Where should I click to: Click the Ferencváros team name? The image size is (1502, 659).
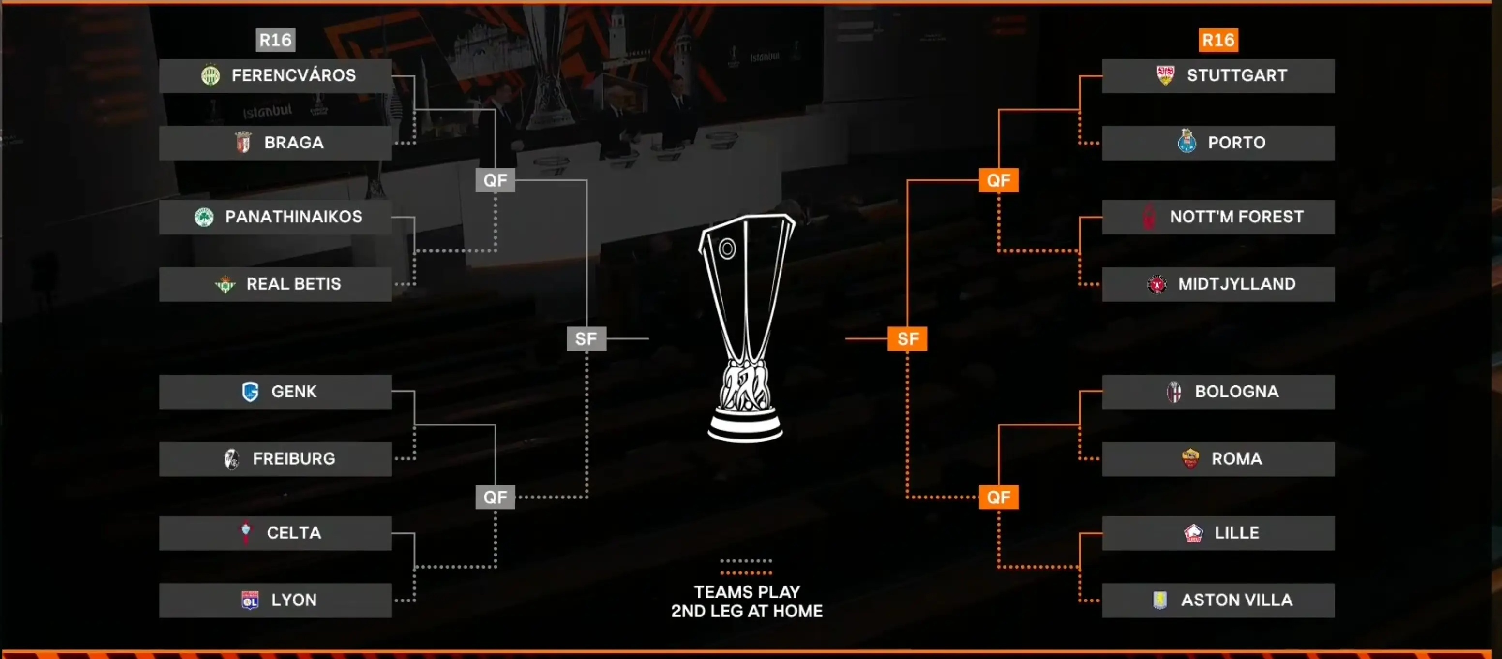[293, 75]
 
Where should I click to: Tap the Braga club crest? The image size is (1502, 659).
[243, 142]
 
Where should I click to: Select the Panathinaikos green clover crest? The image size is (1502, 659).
[204, 217]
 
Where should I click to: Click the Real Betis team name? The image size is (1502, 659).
[293, 284]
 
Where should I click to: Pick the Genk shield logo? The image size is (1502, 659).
[250, 392]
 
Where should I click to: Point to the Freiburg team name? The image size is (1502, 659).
[294, 458]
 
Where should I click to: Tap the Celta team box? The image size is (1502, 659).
[275, 532]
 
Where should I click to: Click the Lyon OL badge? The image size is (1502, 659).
[250, 600]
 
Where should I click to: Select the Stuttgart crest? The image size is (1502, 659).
[1165, 75]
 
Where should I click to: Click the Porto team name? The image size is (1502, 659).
[1236, 142]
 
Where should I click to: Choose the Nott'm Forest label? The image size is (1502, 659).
[1236, 217]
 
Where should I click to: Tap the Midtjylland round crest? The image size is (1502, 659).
[1157, 284]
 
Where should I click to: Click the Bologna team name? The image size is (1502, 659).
[1236, 392]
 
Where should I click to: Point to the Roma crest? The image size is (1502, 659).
[1190, 458]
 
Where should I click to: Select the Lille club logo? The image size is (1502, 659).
[1193, 532]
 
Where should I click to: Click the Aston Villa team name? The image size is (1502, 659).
[1236, 600]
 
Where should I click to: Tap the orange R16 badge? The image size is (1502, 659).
[1218, 40]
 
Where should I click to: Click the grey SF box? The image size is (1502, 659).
[586, 338]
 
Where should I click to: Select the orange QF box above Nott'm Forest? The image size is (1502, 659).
[998, 180]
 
